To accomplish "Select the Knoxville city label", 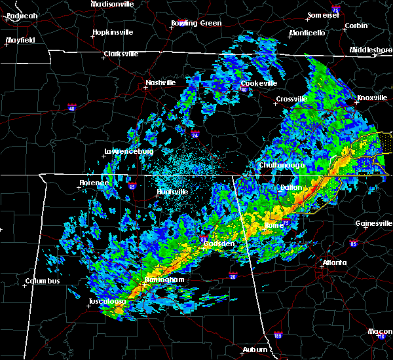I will (372, 98).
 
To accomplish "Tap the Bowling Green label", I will (196, 23).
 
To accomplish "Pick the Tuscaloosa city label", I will (107, 302).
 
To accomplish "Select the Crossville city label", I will (291, 99).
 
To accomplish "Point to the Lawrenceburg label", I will (128, 151).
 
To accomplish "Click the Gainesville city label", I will (373, 223).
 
